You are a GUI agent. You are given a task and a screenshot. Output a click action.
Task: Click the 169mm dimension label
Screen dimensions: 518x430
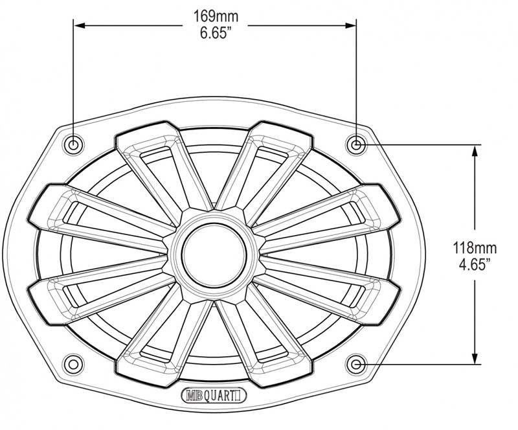pyautogui.click(x=216, y=16)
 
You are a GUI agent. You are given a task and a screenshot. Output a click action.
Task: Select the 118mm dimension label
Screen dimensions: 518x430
pyautogui.click(x=475, y=248)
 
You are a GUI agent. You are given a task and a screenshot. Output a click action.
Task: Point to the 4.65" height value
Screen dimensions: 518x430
pyautogui.click(x=475, y=265)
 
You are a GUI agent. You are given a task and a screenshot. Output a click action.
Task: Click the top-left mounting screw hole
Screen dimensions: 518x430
pyautogui.click(x=73, y=145)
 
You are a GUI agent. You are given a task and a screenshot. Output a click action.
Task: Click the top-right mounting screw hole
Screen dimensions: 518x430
pyautogui.click(x=356, y=145)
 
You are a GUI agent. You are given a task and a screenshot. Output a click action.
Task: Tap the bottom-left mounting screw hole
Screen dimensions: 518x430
pyautogui.click(x=73, y=365)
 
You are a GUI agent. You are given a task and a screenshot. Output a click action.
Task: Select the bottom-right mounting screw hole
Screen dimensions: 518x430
pyautogui.click(x=356, y=365)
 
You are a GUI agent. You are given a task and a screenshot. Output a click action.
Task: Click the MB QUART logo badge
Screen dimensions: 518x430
pyautogui.click(x=214, y=396)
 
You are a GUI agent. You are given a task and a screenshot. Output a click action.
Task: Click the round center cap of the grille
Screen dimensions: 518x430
pyautogui.click(x=214, y=255)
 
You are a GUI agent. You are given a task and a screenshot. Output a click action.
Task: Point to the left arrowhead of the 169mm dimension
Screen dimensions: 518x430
pyautogui.click(x=80, y=25)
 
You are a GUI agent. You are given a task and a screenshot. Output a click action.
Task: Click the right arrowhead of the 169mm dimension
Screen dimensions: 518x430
pyautogui.click(x=350, y=25)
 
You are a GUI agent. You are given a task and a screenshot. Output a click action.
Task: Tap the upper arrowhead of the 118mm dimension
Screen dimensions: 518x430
pyautogui.click(x=475, y=152)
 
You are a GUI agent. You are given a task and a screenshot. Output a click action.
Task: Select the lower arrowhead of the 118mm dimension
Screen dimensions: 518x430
pyautogui.click(x=475, y=358)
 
